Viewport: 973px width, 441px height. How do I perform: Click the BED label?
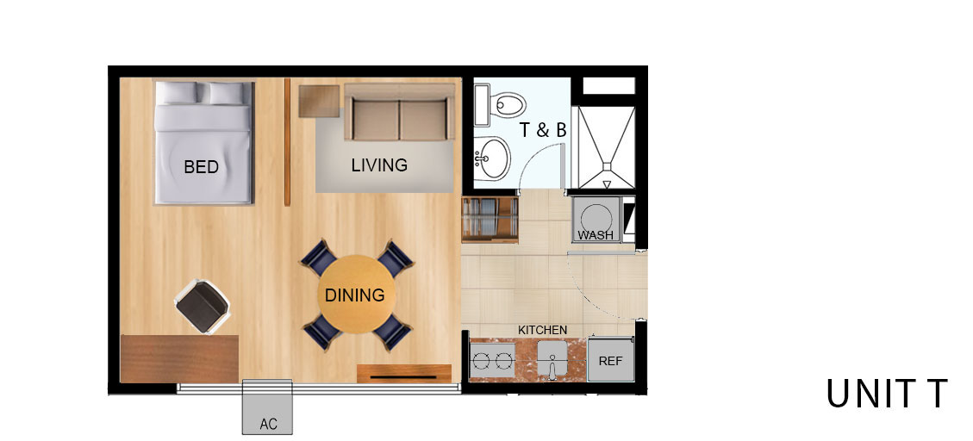[201, 167]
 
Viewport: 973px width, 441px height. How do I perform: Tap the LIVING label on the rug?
[379, 165]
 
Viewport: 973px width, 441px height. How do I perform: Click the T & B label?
[543, 130]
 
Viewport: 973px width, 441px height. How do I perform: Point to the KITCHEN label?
[542, 331]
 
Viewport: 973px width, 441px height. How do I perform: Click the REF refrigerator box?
[611, 360]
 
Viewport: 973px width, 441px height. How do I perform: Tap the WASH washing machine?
[596, 220]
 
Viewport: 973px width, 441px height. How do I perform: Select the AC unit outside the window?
[267, 407]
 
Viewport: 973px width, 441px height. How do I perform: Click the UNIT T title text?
[887, 394]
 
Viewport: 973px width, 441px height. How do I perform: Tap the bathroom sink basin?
[493, 158]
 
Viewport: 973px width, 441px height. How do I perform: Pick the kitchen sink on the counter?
[552, 360]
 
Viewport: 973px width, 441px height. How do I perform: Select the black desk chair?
[203, 307]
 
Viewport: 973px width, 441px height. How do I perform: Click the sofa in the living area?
[400, 112]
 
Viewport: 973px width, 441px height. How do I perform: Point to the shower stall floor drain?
[607, 184]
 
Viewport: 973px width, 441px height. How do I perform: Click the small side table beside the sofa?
[319, 101]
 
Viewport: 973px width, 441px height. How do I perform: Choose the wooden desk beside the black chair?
[179, 358]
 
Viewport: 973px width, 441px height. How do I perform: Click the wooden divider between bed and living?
[287, 142]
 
